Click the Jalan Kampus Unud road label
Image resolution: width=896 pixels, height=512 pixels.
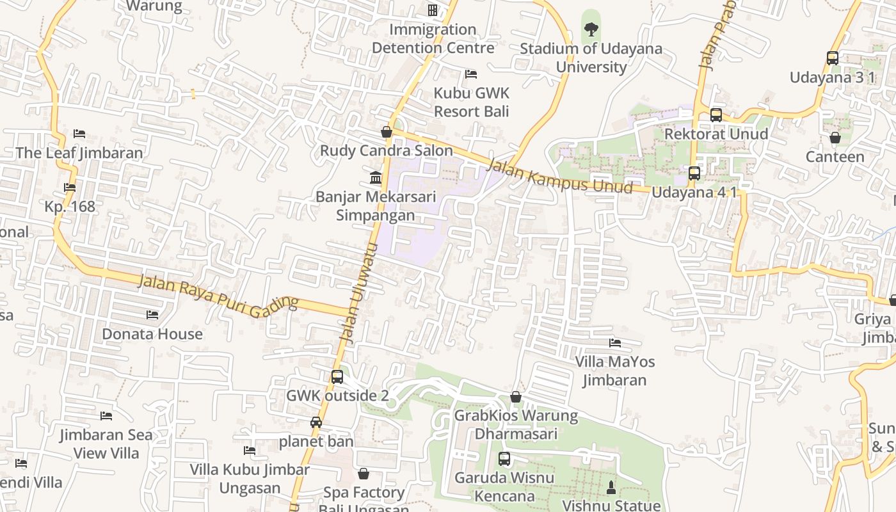click(x=559, y=177)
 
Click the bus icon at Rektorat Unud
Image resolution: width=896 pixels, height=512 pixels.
click(x=716, y=115)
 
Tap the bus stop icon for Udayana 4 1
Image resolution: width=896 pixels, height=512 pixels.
click(x=694, y=173)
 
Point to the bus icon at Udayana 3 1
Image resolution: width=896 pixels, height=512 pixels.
click(x=832, y=58)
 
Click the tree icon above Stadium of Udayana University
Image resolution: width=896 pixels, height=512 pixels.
click(x=591, y=29)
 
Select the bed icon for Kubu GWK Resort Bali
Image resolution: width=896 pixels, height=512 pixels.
click(x=471, y=74)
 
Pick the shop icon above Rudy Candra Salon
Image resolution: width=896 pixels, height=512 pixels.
click(x=387, y=132)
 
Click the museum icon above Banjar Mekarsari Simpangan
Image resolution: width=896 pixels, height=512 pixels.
click(x=376, y=177)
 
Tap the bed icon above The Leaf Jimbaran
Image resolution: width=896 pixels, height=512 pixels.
click(x=79, y=134)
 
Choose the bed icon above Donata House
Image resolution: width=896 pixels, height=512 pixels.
click(x=152, y=315)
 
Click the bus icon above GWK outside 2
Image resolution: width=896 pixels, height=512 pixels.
click(x=337, y=377)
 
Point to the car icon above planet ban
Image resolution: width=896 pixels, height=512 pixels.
click(x=316, y=422)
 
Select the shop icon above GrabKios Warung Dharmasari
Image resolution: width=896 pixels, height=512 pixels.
click(x=516, y=397)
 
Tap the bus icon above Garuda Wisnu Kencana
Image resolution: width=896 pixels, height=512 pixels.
click(x=504, y=459)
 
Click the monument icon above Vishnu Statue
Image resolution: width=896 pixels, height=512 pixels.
click(x=611, y=487)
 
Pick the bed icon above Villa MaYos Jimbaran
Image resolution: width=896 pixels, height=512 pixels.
click(x=615, y=343)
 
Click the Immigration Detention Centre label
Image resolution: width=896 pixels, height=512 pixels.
click(x=433, y=38)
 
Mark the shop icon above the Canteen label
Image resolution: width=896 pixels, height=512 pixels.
click(x=835, y=138)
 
